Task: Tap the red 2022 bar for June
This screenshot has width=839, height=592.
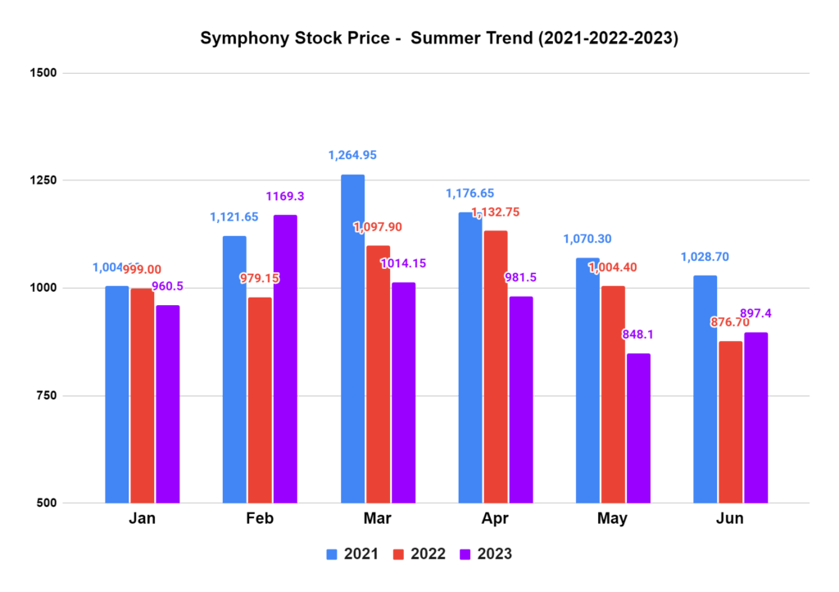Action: pyautogui.click(x=731, y=421)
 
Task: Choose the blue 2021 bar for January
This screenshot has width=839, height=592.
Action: pyautogui.click(x=117, y=394)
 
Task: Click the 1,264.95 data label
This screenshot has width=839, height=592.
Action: pyautogui.click(x=352, y=155)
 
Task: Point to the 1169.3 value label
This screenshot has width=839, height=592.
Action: pyautogui.click(x=286, y=197)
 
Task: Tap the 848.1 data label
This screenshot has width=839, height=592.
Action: pyautogui.click(x=638, y=335)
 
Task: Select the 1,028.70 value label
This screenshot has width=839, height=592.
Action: pyautogui.click(x=705, y=257)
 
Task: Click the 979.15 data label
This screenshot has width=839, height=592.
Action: pyautogui.click(x=260, y=279)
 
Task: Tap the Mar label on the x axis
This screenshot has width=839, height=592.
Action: pyautogui.click(x=378, y=519)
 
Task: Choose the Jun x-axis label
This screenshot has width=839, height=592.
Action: pyautogui.click(x=730, y=519)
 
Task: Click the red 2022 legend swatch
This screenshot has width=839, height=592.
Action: pyautogui.click(x=400, y=554)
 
